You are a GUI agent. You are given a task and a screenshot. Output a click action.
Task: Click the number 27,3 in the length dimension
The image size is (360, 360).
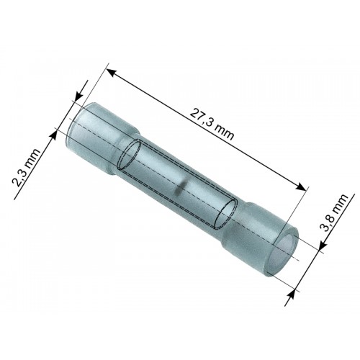[202, 120]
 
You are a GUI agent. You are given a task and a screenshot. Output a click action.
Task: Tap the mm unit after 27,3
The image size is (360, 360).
[224, 132]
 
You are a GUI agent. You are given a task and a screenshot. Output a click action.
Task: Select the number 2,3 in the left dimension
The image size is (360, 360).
[21, 176]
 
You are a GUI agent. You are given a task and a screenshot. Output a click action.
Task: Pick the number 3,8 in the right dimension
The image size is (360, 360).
[329, 221]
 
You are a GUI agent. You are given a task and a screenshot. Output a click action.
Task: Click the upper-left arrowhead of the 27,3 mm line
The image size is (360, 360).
[112, 72]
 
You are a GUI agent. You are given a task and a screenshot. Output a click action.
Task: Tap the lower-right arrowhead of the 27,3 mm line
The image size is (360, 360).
[301, 186]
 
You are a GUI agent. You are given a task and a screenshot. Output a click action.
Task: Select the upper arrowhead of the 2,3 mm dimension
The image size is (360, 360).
[78, 99]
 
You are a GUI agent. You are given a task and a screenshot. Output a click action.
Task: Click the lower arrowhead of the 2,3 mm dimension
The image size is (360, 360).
[53, 135]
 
